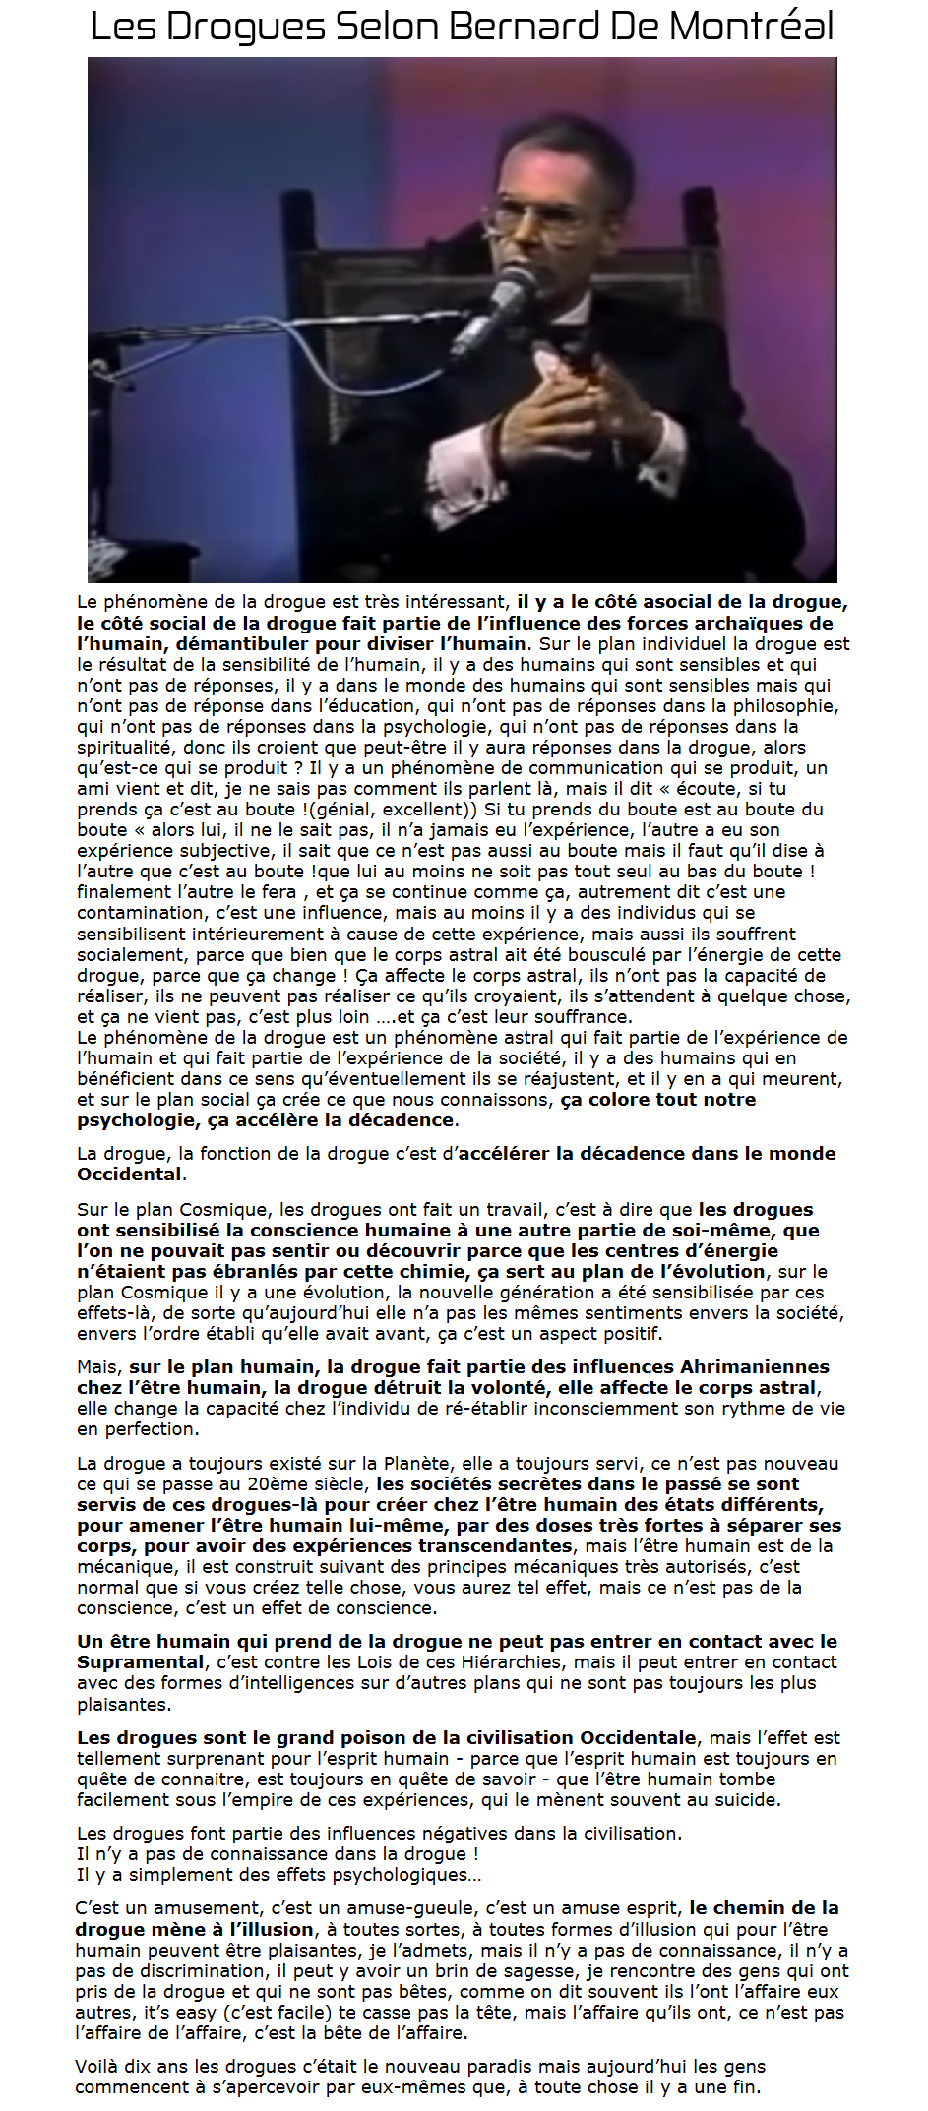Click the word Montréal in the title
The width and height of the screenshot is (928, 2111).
click(751, 27)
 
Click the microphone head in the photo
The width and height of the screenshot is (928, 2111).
click(515, 290)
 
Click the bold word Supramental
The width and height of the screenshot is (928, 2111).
click(141, 1661)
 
